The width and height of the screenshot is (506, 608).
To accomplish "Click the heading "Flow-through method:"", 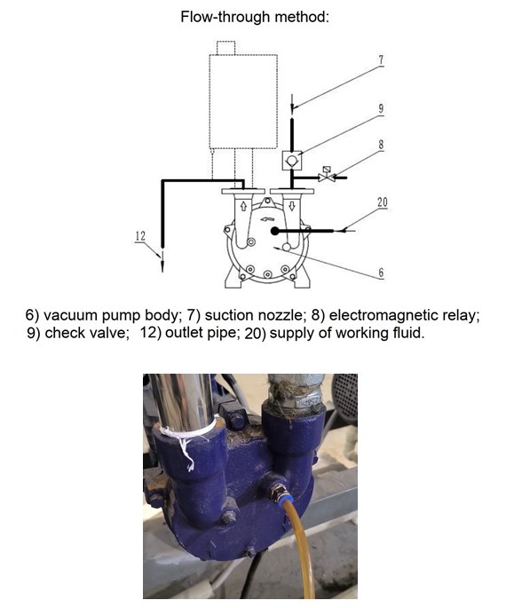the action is click(255, 18).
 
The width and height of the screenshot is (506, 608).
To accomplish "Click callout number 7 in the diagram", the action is click(381, 60).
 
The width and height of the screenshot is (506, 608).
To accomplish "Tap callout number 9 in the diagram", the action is click(381, 108).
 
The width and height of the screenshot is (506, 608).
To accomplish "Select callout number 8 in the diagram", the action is click(381, 145).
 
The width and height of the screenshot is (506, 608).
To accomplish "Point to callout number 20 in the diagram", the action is click(382, 202).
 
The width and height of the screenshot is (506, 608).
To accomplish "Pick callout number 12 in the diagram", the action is click(140, 235).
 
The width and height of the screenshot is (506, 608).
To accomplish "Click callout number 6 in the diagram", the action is click(381, 272).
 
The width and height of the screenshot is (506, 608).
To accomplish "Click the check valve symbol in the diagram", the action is click(292, 160).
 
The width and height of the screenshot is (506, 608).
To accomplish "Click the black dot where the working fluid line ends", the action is click(274, 231).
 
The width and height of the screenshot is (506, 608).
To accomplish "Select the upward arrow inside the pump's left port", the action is click(243, 206).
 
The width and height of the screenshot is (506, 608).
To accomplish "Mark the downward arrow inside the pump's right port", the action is click(292, 206).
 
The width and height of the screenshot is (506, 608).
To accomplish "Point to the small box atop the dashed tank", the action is click(226, 48).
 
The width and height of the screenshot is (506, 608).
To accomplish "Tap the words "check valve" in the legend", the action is click(87, 333).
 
